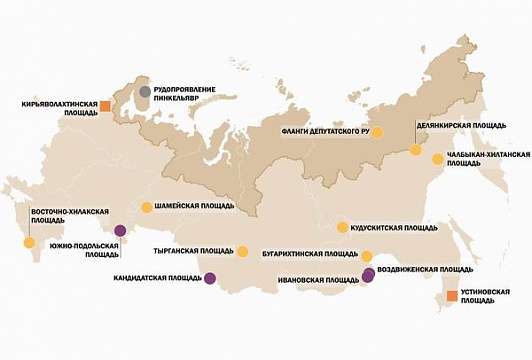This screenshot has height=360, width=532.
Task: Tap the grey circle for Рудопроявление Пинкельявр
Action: [146, 92]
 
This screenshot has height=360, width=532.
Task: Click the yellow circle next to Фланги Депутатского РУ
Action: [377, 131]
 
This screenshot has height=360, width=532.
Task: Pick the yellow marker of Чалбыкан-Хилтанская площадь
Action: [436, 158]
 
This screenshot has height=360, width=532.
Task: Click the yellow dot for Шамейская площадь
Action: [146, 207]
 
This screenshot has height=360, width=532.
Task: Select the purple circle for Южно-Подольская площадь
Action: [120, 229]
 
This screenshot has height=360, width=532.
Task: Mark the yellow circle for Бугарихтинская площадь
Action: [366, 255]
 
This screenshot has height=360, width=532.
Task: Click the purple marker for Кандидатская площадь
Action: [209, 279]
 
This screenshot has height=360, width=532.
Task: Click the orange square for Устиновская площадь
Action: [452, 296]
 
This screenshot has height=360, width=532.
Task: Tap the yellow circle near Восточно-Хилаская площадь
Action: [29, 243]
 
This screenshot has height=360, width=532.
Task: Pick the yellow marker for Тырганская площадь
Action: [242, 250]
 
